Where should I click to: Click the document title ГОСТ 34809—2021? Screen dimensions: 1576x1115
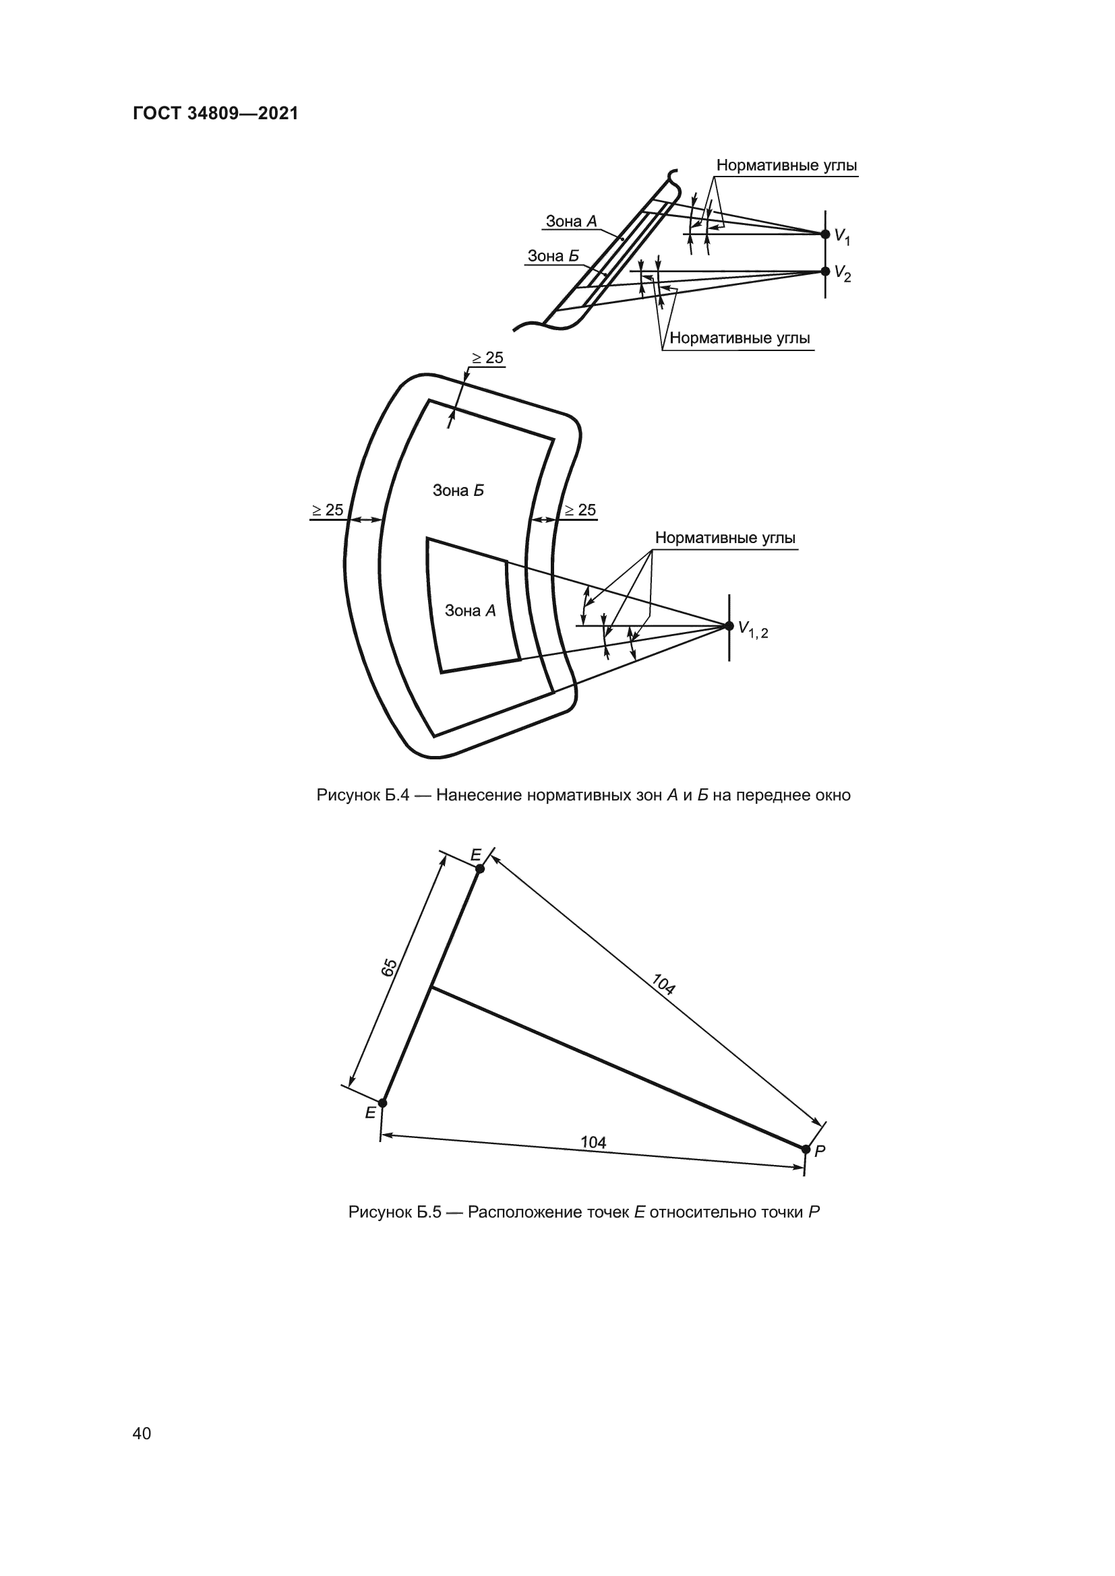(216, 113)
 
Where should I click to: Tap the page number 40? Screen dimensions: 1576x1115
(142, 1433)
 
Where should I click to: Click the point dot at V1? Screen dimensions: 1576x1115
(825, 234)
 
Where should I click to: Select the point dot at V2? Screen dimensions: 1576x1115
(825, 271)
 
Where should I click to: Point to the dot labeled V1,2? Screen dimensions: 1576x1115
(729, 625)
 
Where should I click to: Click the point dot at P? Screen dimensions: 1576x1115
(806, 1149)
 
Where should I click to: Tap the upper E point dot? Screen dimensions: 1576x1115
(480, 869)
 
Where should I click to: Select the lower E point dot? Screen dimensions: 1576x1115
(382, 1103)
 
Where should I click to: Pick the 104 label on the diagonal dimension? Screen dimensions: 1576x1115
(663, 984)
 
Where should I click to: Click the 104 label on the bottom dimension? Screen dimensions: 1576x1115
(593, 1142)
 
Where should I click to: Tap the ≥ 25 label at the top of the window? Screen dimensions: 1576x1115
(487, 358)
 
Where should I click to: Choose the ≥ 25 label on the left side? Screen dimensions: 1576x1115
(328, 510)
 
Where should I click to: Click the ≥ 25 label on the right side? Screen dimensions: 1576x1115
(580, 510)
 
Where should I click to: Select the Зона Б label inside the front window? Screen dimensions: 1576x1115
(458, 490)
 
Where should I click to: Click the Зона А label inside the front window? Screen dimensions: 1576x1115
(471, 610)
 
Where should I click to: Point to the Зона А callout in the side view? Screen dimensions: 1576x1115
(571, 221)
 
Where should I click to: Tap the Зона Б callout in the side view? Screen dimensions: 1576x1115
(553, 256)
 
